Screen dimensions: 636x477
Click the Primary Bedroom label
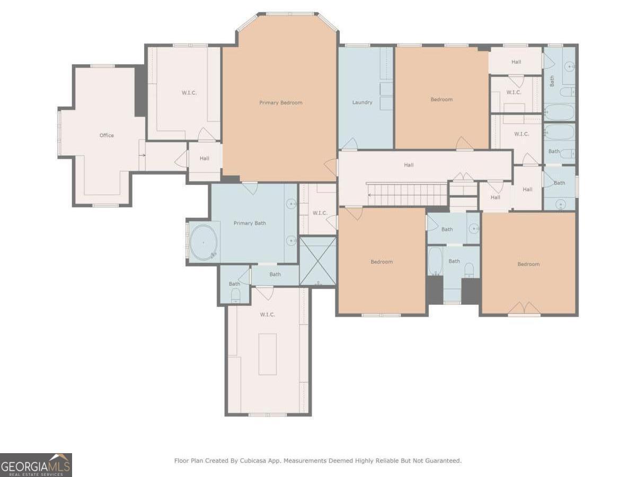click(x=280, y=102)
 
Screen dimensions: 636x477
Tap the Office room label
click(x=107, y=135)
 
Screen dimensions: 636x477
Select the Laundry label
click(x=362, y=102)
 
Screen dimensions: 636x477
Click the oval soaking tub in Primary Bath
click(x=204, y=242)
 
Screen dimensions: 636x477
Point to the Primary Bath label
click(x=250, y=223)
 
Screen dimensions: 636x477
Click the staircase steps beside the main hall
click(x=408, y=195)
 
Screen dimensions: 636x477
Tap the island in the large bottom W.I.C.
click(x=268, y=354)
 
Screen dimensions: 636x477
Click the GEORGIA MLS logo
click(x=36, y=465)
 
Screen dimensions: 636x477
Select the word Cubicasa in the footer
click(x=252, y=461)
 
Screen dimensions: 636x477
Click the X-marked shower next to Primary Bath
click(x=318, y=261)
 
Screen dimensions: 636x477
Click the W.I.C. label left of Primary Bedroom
click(x=189, y=93)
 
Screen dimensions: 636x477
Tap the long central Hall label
click(x=409, y=165)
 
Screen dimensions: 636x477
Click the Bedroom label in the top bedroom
click(x=441, y=99)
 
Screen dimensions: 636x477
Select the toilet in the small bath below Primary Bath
click(x=235, y=296)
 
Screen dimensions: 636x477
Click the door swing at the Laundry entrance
click(x=350, y=144)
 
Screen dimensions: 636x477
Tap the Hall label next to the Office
click(x=204, y=158)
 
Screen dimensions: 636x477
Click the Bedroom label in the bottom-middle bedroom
click(x=382, y=261)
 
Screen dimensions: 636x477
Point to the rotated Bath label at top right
click(x=552, y=81)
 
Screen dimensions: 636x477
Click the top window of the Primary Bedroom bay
click(x=290, y=14)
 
